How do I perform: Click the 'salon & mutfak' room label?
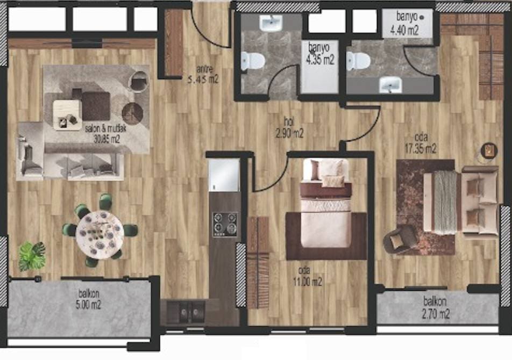pos(105,128)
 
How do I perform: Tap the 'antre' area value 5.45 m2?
pos(203,79)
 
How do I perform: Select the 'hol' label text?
pos(289,121)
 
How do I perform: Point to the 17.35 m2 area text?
pos(421,149)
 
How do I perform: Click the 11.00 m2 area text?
pos(307,282)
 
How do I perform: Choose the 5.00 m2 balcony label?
pos(89,305)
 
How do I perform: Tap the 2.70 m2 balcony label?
pos(436,314)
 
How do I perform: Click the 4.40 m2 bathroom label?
pos(404,30)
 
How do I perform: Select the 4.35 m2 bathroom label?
pos(319,60)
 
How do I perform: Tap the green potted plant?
pos(32,256)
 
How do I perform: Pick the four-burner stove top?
pos(225,225)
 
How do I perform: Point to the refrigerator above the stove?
pos(224,175)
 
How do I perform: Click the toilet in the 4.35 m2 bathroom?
pos(252,61)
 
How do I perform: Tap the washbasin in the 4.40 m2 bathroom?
pos(390,84)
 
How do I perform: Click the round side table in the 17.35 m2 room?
pos(489,151)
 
